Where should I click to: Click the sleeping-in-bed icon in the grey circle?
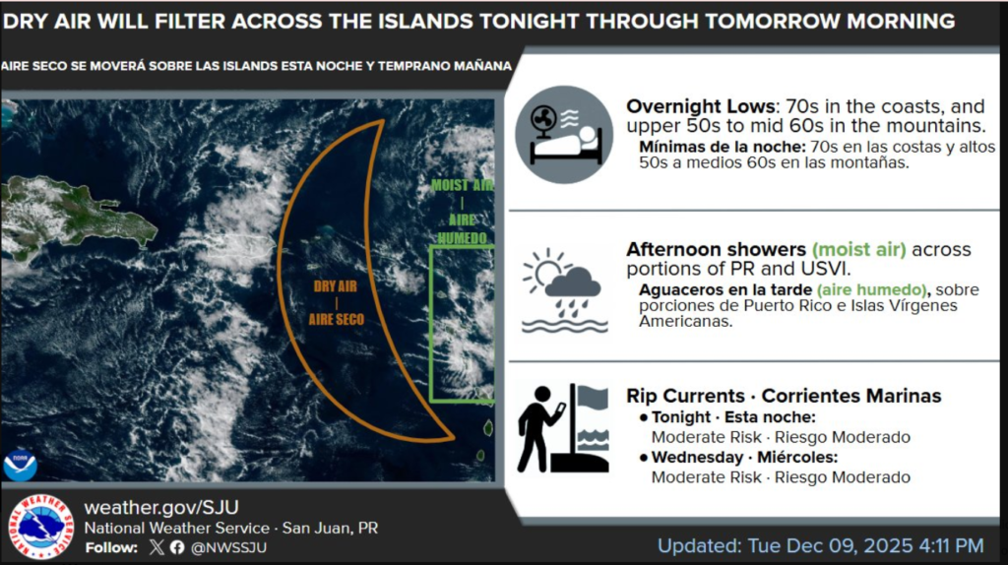(564, 135)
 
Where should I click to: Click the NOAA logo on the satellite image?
(20, 464)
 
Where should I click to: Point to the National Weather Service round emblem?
(40, 527)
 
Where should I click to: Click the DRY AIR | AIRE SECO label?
(336, 302)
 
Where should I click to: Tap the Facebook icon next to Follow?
(177, 547)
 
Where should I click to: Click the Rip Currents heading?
(688, 396)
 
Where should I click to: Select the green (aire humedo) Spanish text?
(872, 289)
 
